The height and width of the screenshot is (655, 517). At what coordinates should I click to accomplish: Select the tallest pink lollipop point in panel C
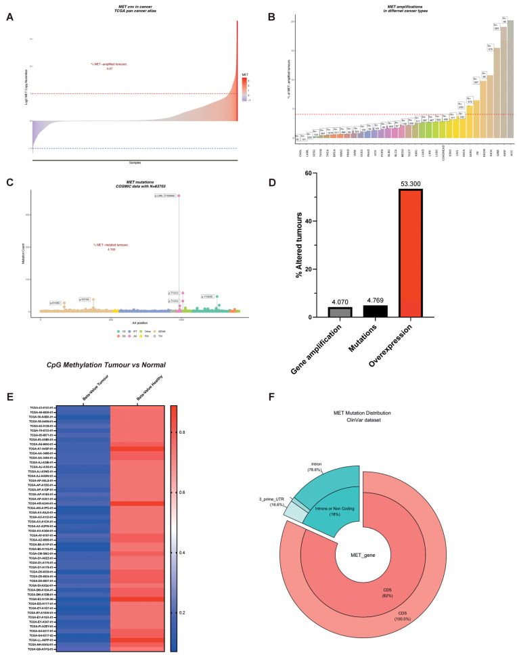[x=179, y=196]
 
